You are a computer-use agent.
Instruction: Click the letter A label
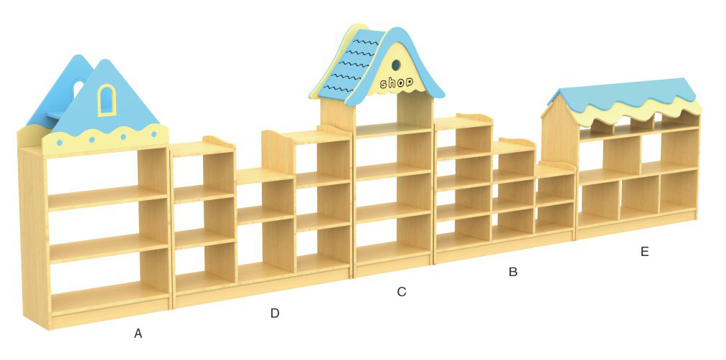click(138, 333)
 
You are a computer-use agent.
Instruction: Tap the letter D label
click(275, 313)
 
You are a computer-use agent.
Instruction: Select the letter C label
click(402, 292)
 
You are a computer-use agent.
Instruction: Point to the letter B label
click(513, 272)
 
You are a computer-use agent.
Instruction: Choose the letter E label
click(644, 251)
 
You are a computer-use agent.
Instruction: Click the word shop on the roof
click(397, 83)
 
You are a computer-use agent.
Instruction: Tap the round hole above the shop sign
click(397, 65)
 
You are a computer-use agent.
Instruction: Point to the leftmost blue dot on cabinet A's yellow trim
click(60, 143)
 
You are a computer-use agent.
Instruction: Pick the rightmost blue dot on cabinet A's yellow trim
click(154, 133)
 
